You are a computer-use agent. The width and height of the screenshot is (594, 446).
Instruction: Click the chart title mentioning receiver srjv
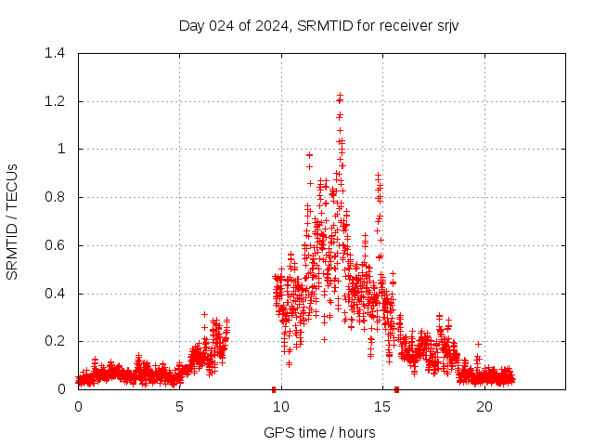[319, 25]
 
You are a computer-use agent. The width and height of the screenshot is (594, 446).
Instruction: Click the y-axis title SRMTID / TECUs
[12, 221]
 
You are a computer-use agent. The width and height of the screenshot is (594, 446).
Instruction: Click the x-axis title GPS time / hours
[319, 432]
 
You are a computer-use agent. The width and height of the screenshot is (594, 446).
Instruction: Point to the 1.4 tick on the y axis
[57, 53]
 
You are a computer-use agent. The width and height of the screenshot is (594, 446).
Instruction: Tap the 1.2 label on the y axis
[57, 101]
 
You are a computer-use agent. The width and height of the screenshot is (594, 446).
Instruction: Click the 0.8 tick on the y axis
[57, 197]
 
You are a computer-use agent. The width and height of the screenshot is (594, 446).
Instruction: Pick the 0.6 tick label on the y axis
[57, 245]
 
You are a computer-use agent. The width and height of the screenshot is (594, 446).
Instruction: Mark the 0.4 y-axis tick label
[57, 294]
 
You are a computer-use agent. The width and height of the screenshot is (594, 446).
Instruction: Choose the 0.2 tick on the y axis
[57, 341]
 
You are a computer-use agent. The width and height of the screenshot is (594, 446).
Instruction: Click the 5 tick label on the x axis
[179, 407]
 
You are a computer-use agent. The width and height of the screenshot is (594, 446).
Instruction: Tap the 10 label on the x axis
[281, 407]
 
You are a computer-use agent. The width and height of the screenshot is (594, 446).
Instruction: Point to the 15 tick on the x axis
[382, 407]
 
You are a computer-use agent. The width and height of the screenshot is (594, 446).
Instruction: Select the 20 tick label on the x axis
[484, 407]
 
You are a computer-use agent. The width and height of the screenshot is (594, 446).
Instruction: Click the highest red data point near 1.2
[341, 95]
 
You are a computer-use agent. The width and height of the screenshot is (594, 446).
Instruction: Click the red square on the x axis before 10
[274, 389]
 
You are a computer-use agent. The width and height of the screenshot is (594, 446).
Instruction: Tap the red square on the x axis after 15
[396, 389]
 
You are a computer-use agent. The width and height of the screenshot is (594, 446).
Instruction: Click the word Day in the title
[191, 25]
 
